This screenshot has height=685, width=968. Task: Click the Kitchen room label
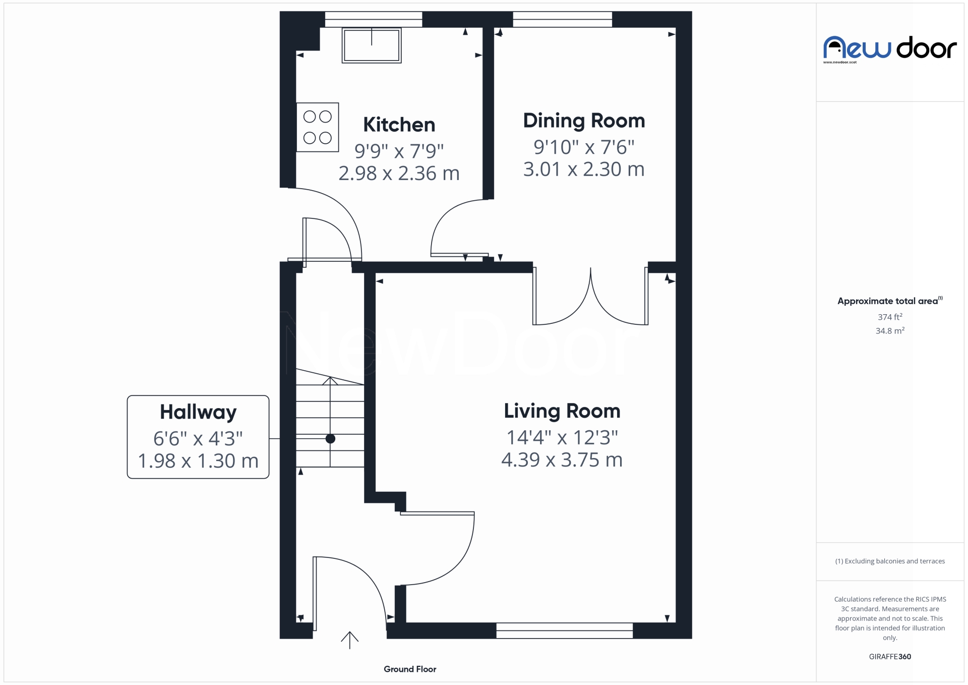tap(399, 125)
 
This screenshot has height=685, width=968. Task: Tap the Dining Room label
tap(584, 121)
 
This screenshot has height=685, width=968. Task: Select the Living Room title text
tap(562, 411)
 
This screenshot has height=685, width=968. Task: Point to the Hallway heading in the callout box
tap(198, 413)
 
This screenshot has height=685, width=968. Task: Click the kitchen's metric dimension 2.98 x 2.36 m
tap(399, 174)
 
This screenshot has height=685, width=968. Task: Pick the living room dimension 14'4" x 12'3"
tap(562, 437)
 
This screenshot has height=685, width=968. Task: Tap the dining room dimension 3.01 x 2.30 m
tap(584, 169)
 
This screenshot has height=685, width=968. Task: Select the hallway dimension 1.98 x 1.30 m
tap(198, 461)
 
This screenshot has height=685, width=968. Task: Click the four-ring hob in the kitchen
tap(318, 127)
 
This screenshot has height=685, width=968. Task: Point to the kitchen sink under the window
tap(372, 45)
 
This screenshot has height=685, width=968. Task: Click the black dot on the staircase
tap(330, 439)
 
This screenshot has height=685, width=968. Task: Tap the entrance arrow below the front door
tap(349, 640)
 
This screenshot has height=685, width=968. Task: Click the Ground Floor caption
tap(410, 669)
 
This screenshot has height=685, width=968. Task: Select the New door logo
tap(890, 49)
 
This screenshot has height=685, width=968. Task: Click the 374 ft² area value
tap(890, 317)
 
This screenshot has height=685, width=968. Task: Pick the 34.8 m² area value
tap(890, 331)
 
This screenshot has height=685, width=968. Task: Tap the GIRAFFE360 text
tap(890, 657)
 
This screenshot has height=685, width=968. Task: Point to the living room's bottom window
tap(565, 631)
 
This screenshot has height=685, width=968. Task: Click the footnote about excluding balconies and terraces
tap(890, 561)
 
